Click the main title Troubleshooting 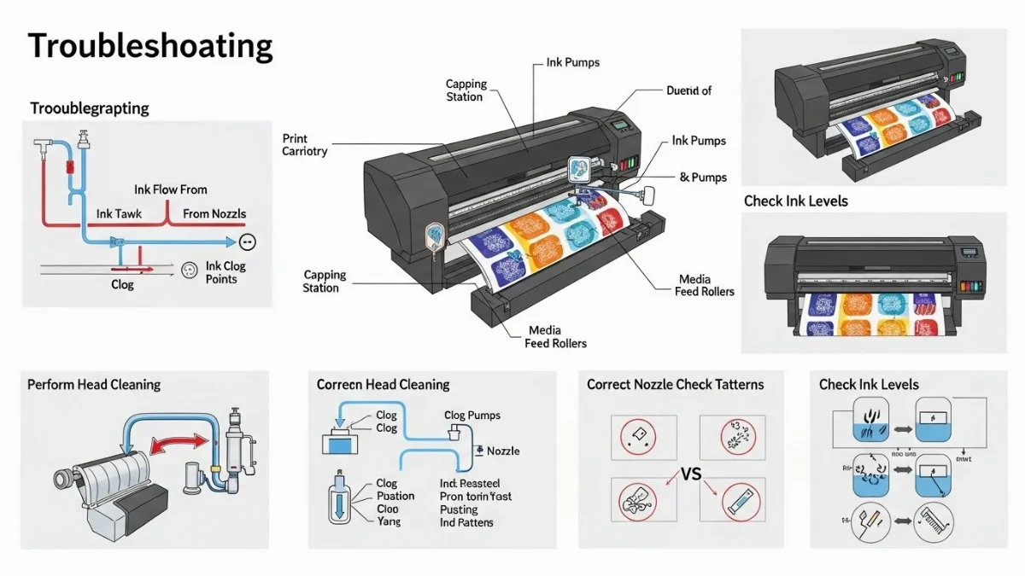(x=150, y=46)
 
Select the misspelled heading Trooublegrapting (x=90, y=108)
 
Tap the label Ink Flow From (x=170, y=189)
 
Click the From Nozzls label (x=214, y=213)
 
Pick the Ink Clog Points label (x=225, y=273)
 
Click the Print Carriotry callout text (x=304, y=145)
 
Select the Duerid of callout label (x=688, y=90)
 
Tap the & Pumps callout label (x=703, y=177)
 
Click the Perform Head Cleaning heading (x=94, y=385)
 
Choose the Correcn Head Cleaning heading (x=383, y=385)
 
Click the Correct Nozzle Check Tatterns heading (x=675, y=385)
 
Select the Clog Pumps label (x=471, y=416)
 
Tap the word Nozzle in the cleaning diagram (x=503, y=451)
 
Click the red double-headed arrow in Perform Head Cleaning (x=179, y=444)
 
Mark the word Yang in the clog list (x=389, y=521)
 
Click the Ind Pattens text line (x=466, y=522)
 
